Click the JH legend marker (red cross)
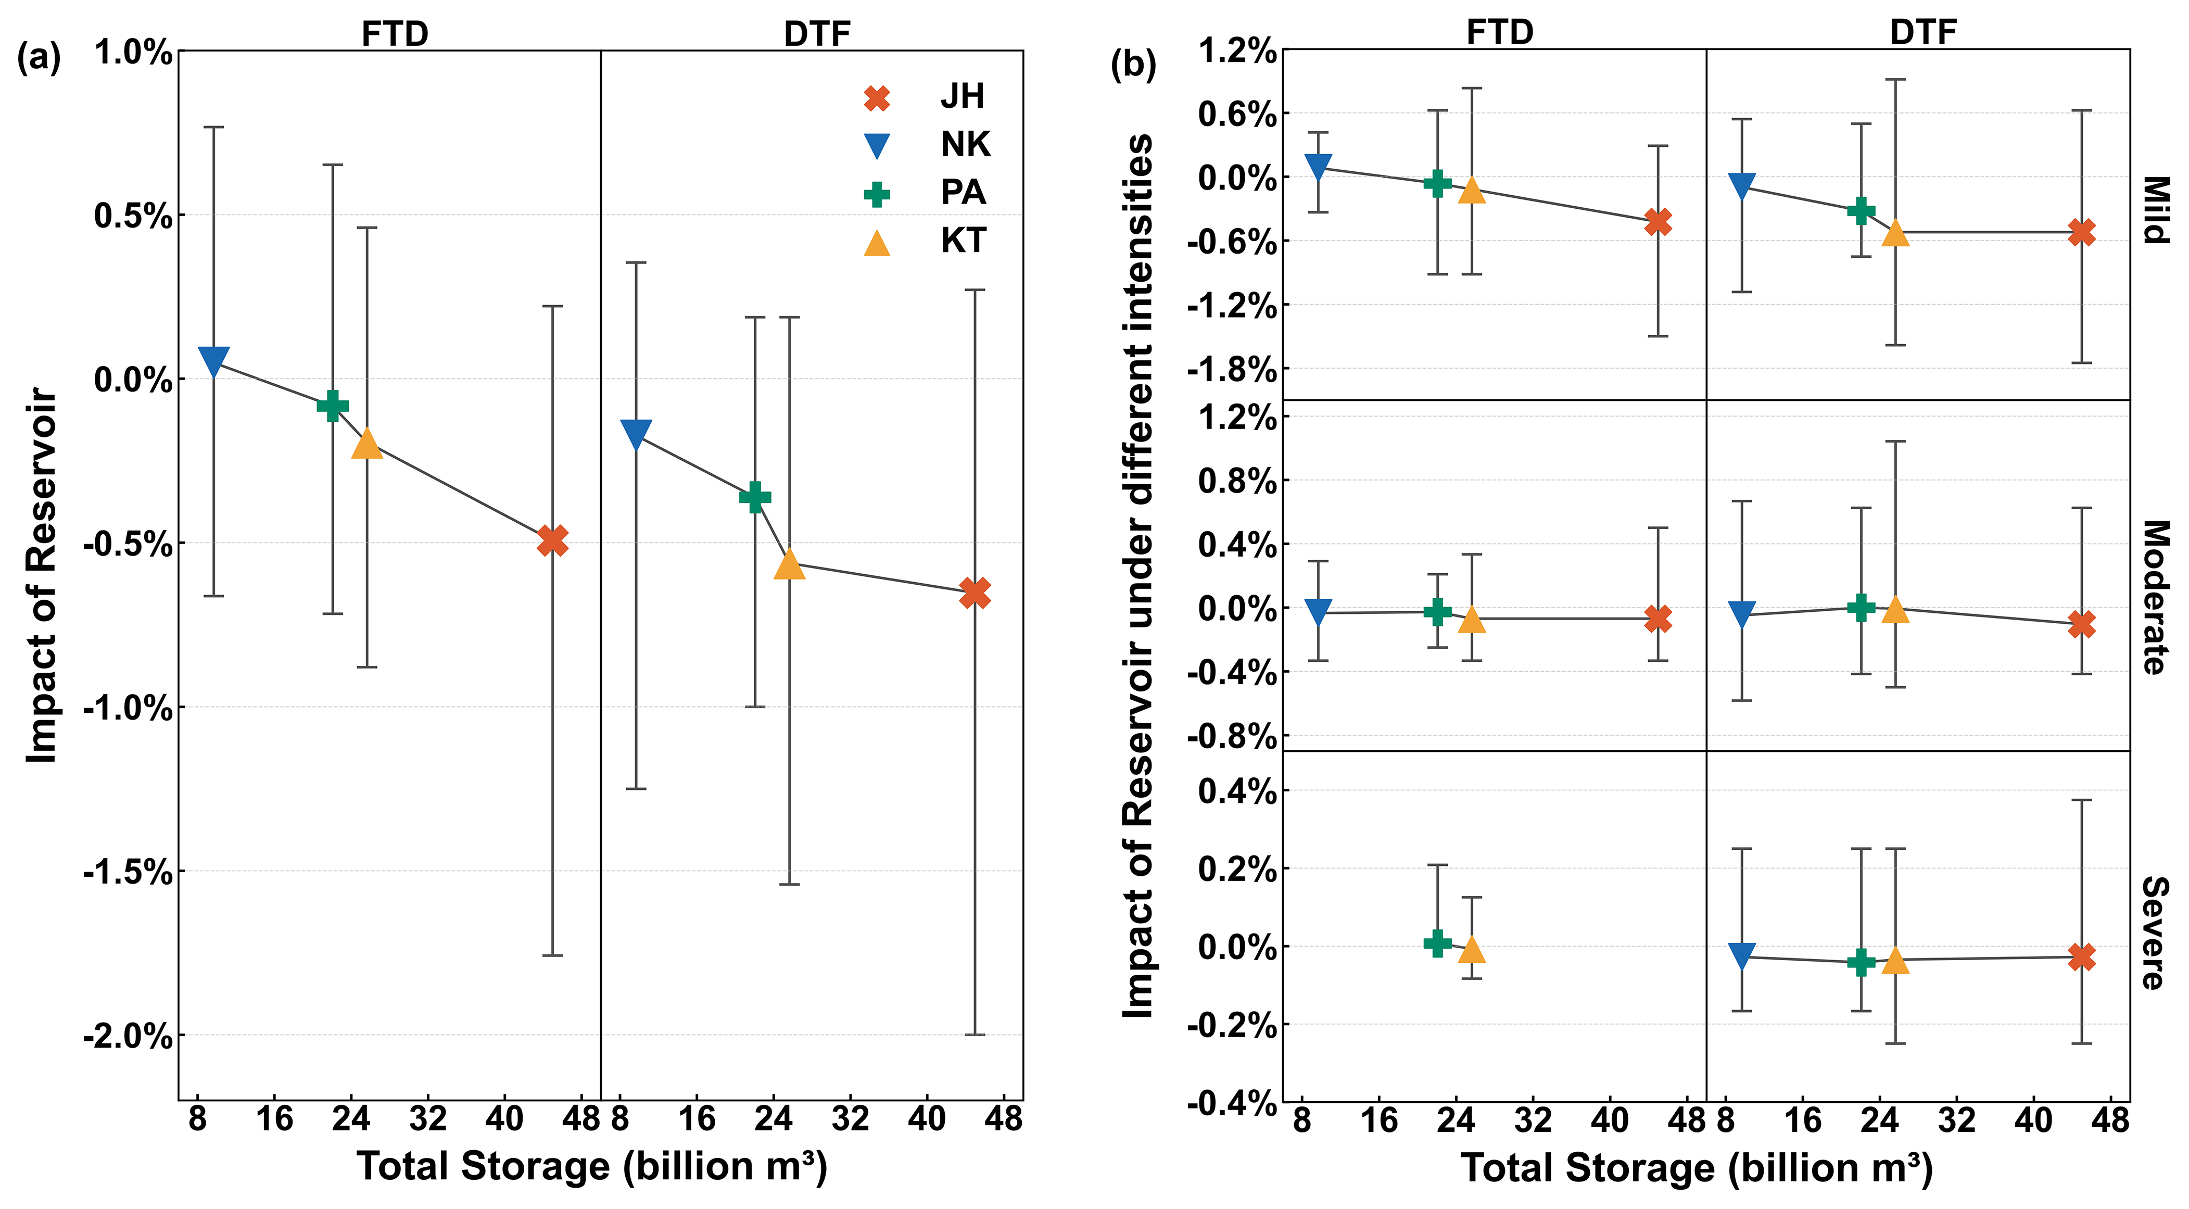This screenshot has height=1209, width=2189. click(876, 98)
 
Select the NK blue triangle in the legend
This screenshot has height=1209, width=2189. click(876, 146)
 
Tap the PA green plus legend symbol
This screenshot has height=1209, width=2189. click(876, 195)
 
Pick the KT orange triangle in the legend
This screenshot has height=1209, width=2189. click(876, 243)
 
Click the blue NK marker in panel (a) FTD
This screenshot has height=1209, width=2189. click(213, 360)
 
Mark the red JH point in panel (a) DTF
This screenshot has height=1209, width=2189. click(975, 593)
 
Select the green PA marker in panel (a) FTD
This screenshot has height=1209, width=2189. click(332, 406)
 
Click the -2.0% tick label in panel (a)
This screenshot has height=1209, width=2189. click(128, 1037)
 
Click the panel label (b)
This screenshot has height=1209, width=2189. click(1133, 65)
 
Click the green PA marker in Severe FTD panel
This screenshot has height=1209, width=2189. click(1437, 943)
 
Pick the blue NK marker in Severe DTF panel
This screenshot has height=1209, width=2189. click(1742, 955)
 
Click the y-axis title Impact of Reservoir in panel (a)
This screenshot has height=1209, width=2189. click(41, 575)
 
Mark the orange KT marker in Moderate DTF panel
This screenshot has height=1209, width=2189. click(1895, 609)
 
